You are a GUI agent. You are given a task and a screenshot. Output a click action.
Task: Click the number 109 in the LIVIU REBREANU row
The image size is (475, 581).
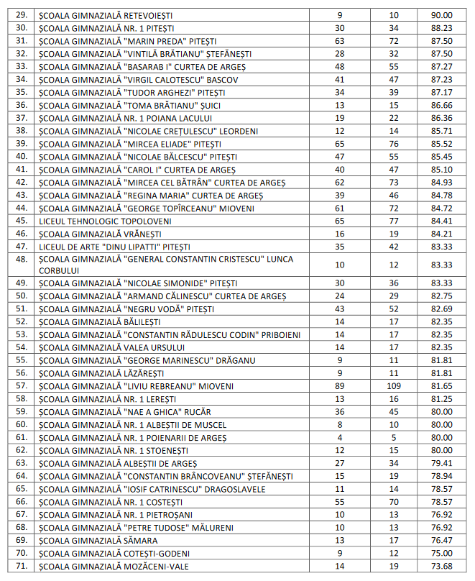(x=393, y=386)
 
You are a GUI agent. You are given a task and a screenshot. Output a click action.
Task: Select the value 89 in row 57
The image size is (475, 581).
(x=339, y=386)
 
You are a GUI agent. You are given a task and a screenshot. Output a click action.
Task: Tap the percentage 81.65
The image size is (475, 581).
(x=441, y=386)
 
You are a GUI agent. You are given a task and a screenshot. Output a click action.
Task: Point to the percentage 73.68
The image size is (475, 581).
(x=441, y=567)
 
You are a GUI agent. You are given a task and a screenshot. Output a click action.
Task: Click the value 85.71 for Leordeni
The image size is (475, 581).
(x=441, y=131)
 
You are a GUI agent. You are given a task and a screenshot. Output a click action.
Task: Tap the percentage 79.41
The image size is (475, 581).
(x=441, y=463)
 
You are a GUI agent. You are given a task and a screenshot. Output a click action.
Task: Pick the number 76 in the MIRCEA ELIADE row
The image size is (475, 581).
(x=393, y=144)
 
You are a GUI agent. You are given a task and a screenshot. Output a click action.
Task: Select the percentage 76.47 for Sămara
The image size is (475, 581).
(x=441, y=541)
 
